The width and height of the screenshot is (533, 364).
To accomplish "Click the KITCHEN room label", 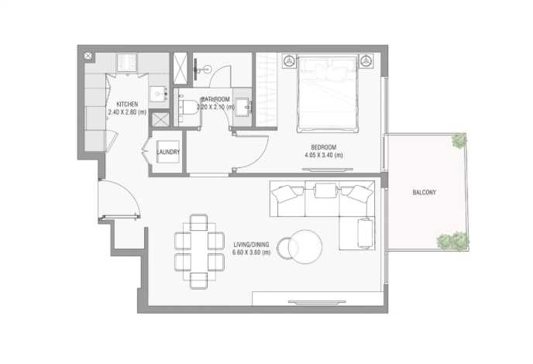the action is (127, 104).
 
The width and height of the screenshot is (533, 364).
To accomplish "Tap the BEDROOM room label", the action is (324, 147).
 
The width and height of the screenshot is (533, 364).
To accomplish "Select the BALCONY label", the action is (424, 192).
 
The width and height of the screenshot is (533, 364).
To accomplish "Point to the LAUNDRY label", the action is (168, 152).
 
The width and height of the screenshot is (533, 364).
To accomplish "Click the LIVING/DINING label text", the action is (251, 245).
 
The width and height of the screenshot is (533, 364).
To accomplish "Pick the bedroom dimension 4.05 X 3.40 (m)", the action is (324, 156).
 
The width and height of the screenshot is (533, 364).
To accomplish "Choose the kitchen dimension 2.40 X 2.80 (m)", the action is (127, 112).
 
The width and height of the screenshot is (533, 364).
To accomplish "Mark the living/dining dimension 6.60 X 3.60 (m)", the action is (251, 252).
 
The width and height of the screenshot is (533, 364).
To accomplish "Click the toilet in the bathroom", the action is (188, 108).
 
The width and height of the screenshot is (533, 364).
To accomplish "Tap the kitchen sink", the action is (158, 93).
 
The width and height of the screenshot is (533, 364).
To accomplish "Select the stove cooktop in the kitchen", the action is (127, 63).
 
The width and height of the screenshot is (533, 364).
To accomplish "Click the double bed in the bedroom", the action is (328, 94).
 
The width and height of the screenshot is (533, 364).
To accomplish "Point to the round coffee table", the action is (305, 247).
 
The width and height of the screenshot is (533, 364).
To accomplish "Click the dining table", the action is (199, 252).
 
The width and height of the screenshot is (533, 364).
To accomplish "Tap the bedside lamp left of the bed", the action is (290, 61).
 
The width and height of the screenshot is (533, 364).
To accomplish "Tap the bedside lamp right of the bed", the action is (366, 61).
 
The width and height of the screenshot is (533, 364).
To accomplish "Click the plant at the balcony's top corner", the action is (459, 140).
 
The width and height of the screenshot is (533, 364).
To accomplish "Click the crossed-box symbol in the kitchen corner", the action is (88, 56).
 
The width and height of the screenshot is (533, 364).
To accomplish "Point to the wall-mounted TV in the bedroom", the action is (328, 170).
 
